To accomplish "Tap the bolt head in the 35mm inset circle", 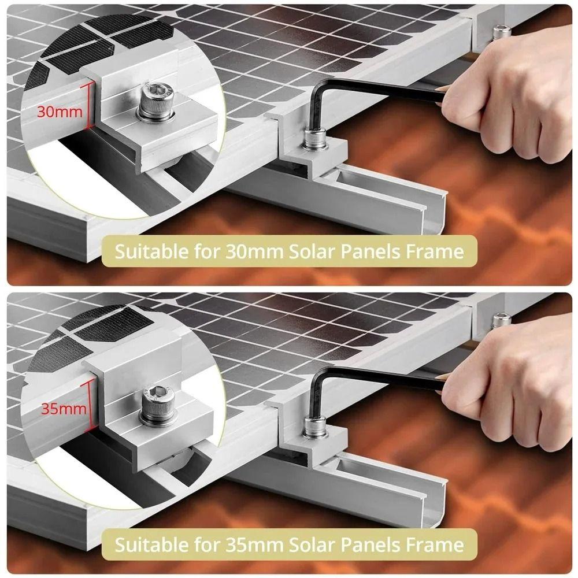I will (157, 399).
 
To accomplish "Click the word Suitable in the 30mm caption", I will (148, 251).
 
